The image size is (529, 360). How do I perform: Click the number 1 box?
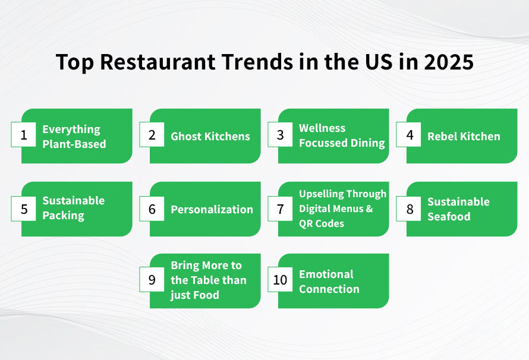24,135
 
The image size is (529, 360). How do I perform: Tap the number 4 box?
409,135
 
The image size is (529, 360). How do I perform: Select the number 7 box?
281,209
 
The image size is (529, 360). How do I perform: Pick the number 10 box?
281,280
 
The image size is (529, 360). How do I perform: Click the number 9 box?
152,280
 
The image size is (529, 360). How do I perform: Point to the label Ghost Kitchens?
210,136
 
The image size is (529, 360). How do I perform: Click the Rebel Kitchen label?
464,136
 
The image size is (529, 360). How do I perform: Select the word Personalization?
212,209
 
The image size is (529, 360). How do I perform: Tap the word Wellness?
322,128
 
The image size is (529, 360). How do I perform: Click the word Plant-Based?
74,144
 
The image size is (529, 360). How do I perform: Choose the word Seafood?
449,216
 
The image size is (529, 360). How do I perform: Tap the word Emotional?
326,274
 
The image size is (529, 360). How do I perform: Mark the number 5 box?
24,209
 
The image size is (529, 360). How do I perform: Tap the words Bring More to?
206,266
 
